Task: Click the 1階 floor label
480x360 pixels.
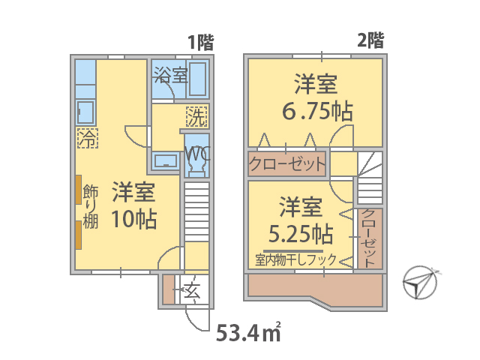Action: pyautogui.click(x=201, y=42)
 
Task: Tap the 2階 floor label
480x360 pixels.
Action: pyautogui.click(x=370, y=40)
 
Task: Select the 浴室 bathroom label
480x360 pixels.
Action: pyautogui.click(x=170, y=75)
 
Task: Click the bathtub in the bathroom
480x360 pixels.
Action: pyautogui.click(x=197, y=79)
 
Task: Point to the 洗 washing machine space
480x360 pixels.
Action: pyautogui.click(x=196, y=117)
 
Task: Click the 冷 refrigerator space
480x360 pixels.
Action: pyautogui.click(x=88, y=138)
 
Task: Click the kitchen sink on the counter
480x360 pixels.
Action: pyautogui.click(x=85, y=112)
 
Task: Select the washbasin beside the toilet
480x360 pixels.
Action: pyautogui.click(x=166, y=160)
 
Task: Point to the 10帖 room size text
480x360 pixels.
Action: pyautogui.click(x=133, y=219)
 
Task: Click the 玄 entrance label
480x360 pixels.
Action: pyautogui.click(x=192, y=290)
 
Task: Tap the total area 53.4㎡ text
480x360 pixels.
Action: pyautogui.click(x=248, y=333)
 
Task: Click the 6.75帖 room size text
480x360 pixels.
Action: pyautogui.click(x=317, y=111)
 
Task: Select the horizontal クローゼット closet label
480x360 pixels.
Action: pyautogui.click(x=286, y=163)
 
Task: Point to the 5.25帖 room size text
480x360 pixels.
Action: pyautogui.click(x=301, y=234)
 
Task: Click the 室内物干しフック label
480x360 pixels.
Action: pyautogui.click(x=295, y=260)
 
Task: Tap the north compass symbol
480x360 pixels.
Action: pyautogui.click(x=420, y=283)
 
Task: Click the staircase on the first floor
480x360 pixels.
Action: pyautogui.click(x=196, y=211)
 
